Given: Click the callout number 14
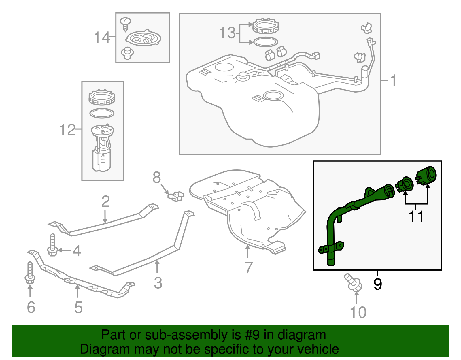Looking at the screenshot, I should (x=102, y=38).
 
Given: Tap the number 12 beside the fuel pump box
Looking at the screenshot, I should (x=67, y=130).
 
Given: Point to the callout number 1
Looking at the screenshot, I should (x=393, y=80).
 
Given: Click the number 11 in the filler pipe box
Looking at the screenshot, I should (x=416, y=217).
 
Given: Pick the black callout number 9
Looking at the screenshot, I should (x=377, y=284).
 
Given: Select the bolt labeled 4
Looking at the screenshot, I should (x=52, y=245).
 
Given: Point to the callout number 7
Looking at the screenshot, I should (x=248, y=267).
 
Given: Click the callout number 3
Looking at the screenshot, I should (x=158, y=283).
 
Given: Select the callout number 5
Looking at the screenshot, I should (x=78, y=308).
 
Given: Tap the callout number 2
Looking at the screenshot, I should (x=105, y=201).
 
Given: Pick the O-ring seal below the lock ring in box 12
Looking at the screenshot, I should (x=102, y=113).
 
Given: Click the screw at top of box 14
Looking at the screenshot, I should (x=125, y=24).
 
